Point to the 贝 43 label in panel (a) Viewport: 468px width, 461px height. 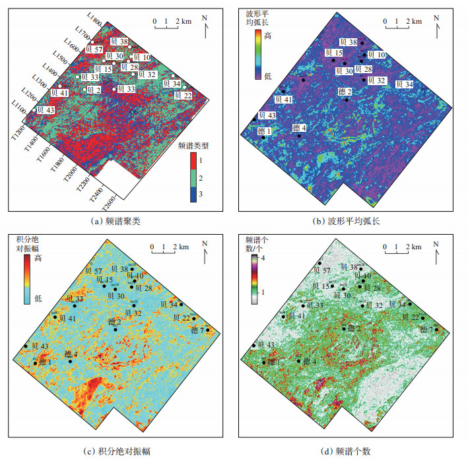click(46, 109)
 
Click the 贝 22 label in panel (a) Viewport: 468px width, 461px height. click(184, 95)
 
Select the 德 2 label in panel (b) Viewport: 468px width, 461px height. click(345, 91)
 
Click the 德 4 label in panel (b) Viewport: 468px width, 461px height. click(299, 127)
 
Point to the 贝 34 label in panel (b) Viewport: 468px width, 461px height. click(405, 84)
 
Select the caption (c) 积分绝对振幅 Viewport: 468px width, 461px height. click(119, 451)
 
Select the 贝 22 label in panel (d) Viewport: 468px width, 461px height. click(411, 318)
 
